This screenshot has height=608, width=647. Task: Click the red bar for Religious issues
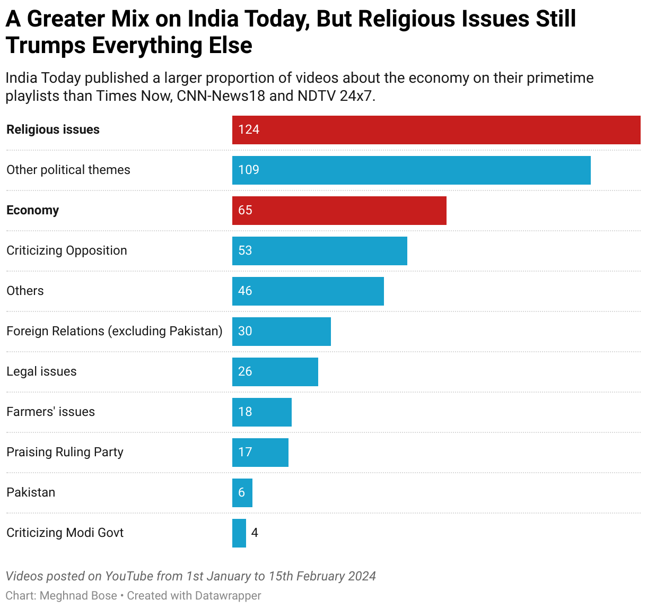436,130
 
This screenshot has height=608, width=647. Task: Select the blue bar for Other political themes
411,170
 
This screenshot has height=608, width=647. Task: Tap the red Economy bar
339,211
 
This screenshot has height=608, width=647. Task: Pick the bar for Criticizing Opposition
319,251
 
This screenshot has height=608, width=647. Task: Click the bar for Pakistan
242,493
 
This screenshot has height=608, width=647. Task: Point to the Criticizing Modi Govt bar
239,533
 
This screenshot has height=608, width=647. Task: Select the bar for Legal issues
275,372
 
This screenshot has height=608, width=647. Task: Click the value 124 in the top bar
249,130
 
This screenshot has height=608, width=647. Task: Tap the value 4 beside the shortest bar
255,533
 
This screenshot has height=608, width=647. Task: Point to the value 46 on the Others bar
245,291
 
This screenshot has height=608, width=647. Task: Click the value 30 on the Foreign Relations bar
245,332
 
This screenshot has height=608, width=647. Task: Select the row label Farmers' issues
50,412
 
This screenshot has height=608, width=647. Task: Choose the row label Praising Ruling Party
65,453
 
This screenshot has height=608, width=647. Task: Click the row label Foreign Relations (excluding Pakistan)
114,332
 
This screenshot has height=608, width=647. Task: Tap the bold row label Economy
32,211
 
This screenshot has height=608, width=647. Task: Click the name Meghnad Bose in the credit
78,596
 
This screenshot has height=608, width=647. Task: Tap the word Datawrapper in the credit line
228,596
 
